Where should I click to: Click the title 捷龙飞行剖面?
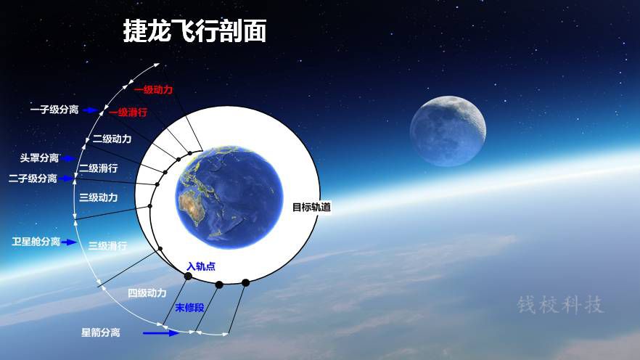click(194, 30)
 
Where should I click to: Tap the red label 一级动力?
click(154, 89)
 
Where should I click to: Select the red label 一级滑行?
click(128, 112)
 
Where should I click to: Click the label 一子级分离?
click(54, 110)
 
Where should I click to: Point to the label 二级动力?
click(112, 139)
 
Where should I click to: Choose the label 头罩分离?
click(40, 158)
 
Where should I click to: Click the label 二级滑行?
click(99, 168)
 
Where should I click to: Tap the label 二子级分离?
click(33, 179)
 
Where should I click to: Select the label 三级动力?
click(99, 197)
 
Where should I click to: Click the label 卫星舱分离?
click(36, 242)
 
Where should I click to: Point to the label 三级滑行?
click(107, 246)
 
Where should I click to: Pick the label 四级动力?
click(147, 293)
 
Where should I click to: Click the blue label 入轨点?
click(201, 266)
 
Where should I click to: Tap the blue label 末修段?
click(190, 308)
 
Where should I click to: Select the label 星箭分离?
click(101, 332)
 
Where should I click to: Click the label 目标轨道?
click(311, 208)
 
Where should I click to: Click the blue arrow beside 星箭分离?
click(161, 333)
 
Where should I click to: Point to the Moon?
click(448, 131)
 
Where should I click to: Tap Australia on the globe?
click(192, 205)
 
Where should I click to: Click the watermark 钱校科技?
click(560, 305)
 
